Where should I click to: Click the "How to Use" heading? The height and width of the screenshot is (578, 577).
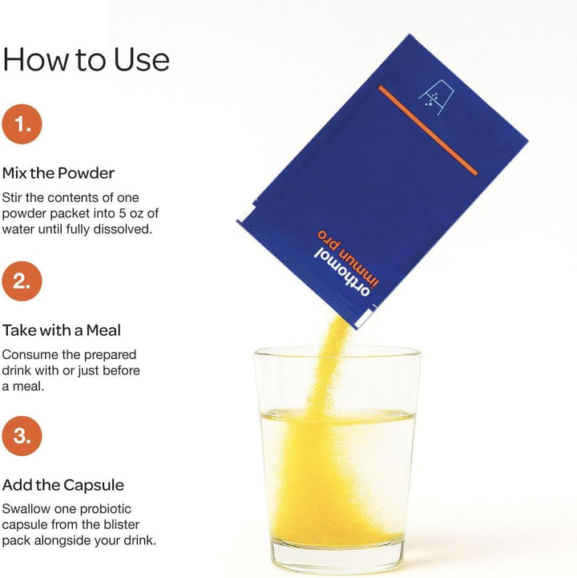86,59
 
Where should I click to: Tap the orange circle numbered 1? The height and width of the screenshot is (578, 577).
22,123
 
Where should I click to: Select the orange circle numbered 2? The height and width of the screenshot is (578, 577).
22,281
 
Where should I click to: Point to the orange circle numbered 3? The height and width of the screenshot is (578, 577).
22,436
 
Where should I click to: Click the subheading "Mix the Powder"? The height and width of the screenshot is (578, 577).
59,173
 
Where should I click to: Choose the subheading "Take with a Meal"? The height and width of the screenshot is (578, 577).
62,330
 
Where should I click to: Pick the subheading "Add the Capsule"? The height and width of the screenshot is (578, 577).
63,485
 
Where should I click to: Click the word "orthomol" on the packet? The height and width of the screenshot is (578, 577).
342,272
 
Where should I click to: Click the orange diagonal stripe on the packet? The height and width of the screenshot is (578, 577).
428,130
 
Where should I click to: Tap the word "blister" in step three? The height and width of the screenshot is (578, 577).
121,524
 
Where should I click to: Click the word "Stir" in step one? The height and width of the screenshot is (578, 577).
12,197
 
